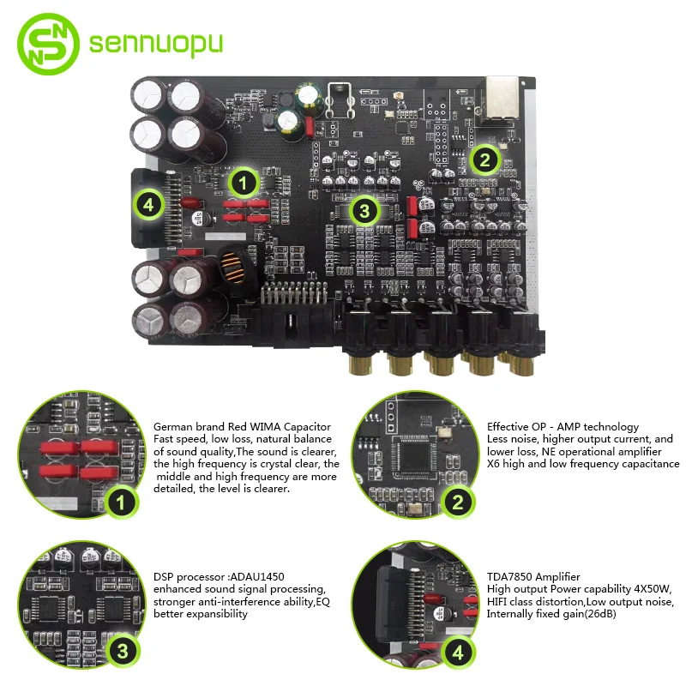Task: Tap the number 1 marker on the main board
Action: tap(244, 182)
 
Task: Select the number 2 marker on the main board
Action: tap(485, 158)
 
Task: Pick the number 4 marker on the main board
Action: tap(150, 204)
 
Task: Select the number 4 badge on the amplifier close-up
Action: tap(458, 653)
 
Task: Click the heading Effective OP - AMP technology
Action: tap(563, 426)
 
